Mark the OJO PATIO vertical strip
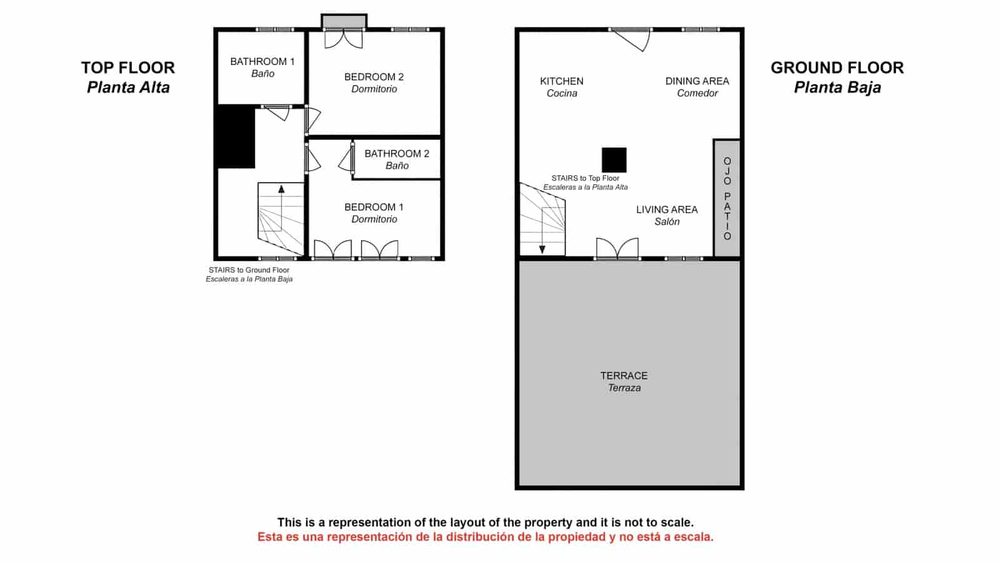pos(727,198)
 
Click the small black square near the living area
pos(614,160)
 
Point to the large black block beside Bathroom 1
pos(235,136)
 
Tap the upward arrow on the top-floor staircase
pos(282,189)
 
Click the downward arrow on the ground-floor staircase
pos(542,249)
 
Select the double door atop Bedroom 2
pos(343,39)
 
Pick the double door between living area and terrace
pos(617,248)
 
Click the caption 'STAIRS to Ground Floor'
pos(249,270)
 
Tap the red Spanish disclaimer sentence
pos(485,537)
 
